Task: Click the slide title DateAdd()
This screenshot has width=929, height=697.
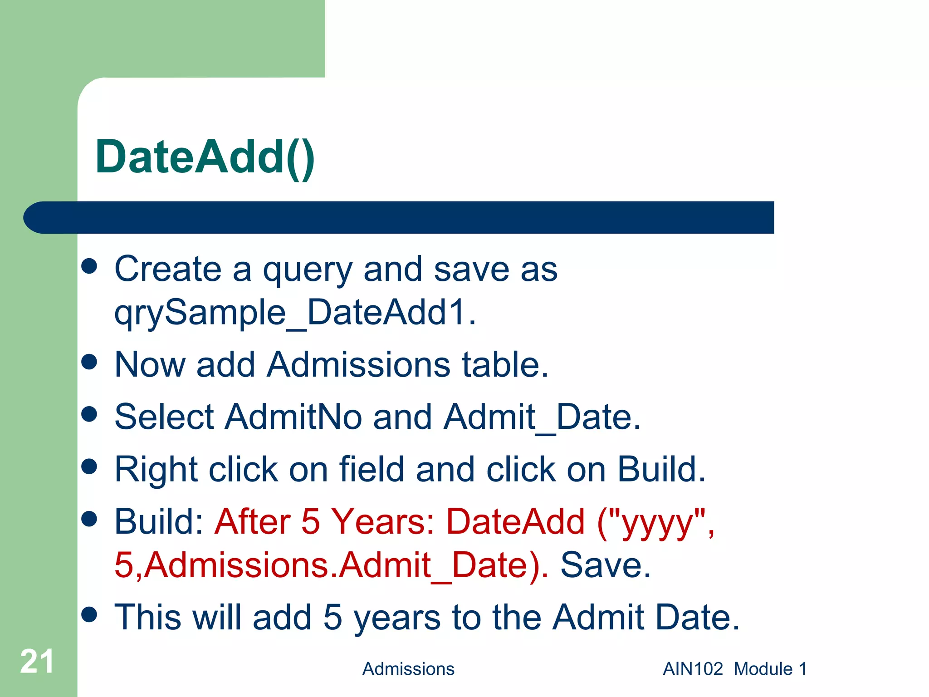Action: point(205,157)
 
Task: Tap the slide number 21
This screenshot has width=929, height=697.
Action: point(37,662)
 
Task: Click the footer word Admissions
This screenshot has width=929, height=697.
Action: point(408,669)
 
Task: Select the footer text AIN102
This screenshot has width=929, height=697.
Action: point(693,669)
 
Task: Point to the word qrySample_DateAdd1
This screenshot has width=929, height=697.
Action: point(295,313)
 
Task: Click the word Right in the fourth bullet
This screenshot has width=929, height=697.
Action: point(156,470)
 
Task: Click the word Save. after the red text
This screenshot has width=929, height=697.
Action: point(605,565)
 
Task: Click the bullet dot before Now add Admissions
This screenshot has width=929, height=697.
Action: point(89,362)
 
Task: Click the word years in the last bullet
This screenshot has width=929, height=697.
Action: point(397,618)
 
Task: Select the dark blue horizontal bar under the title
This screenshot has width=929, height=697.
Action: point(399,217)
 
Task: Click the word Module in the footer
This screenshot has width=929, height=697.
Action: point(763,669)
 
